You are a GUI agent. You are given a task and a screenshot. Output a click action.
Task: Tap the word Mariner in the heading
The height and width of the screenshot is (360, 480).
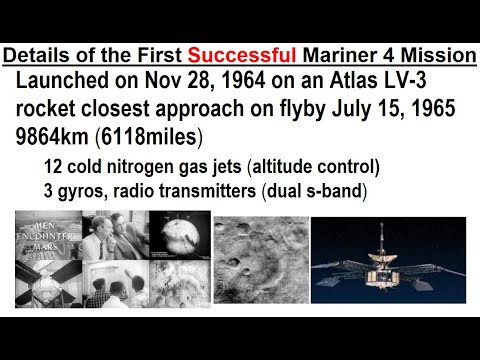point(339,56)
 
